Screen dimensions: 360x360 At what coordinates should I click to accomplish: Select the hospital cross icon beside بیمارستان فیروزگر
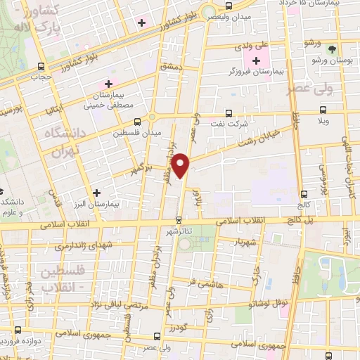point(256,61)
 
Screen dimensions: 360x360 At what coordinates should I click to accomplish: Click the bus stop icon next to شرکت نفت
point(229,113)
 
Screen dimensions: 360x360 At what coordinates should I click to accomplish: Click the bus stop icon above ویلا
point(323,110)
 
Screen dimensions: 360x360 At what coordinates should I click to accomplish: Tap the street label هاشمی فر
point(201,282)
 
